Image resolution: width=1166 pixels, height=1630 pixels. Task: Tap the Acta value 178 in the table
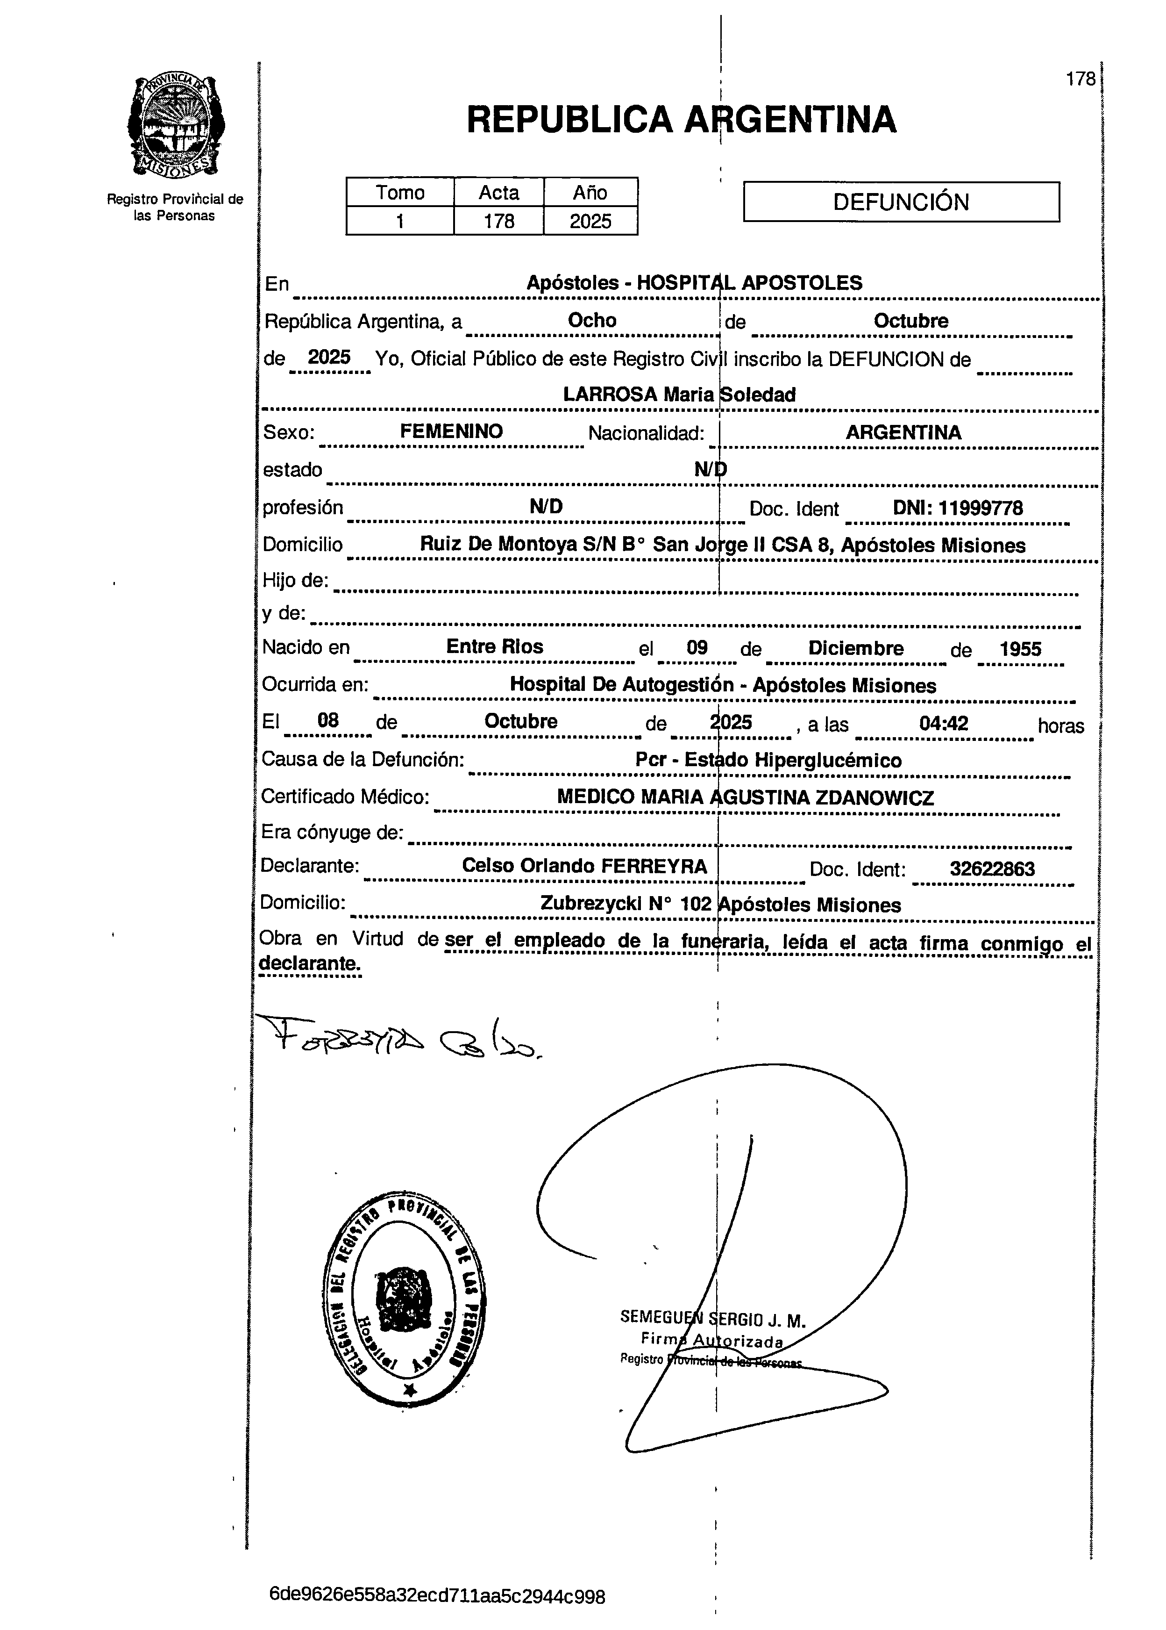pos(498,221)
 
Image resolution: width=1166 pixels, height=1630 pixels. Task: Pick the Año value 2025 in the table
pos(590,221)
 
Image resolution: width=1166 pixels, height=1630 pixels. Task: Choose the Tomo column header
pos(400,193)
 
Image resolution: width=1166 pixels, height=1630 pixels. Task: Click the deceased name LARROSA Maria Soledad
pos(678,395)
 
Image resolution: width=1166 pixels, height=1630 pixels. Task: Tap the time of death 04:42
pos(944,723)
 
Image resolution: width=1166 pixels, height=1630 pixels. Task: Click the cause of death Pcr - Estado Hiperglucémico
pos(768,760)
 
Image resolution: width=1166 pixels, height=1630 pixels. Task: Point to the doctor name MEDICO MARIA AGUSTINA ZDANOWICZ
pos(745,797)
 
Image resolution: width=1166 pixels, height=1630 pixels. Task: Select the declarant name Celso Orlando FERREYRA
pos(584,866)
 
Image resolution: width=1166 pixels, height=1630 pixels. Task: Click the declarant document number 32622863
pos(992,869)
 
